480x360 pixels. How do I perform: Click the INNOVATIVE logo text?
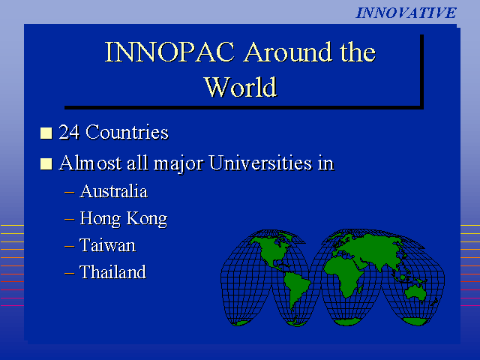tap(406, 13)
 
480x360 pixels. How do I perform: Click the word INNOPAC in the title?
tap(170, 52)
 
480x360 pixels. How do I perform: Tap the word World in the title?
tap(241, 87)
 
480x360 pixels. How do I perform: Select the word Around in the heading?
tap(288, 52)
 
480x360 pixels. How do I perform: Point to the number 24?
tap(69, 132)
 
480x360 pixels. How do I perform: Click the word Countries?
tap(127, 132)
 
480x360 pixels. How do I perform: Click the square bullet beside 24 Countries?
tap(46, 133)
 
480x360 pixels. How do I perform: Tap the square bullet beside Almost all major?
tap(46, 163)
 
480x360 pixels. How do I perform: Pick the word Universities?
tap(260, 163)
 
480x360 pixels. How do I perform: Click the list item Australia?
tap(113, 191)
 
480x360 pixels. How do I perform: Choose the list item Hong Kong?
tap(124, 219)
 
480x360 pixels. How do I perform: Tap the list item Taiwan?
tap(107, 245)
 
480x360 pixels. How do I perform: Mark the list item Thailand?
tap(113, 271)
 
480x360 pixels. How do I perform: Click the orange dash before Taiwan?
tap(70, 246)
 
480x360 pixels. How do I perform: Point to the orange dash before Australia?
tap(70, 192)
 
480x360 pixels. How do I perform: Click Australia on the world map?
tap(415, 293)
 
